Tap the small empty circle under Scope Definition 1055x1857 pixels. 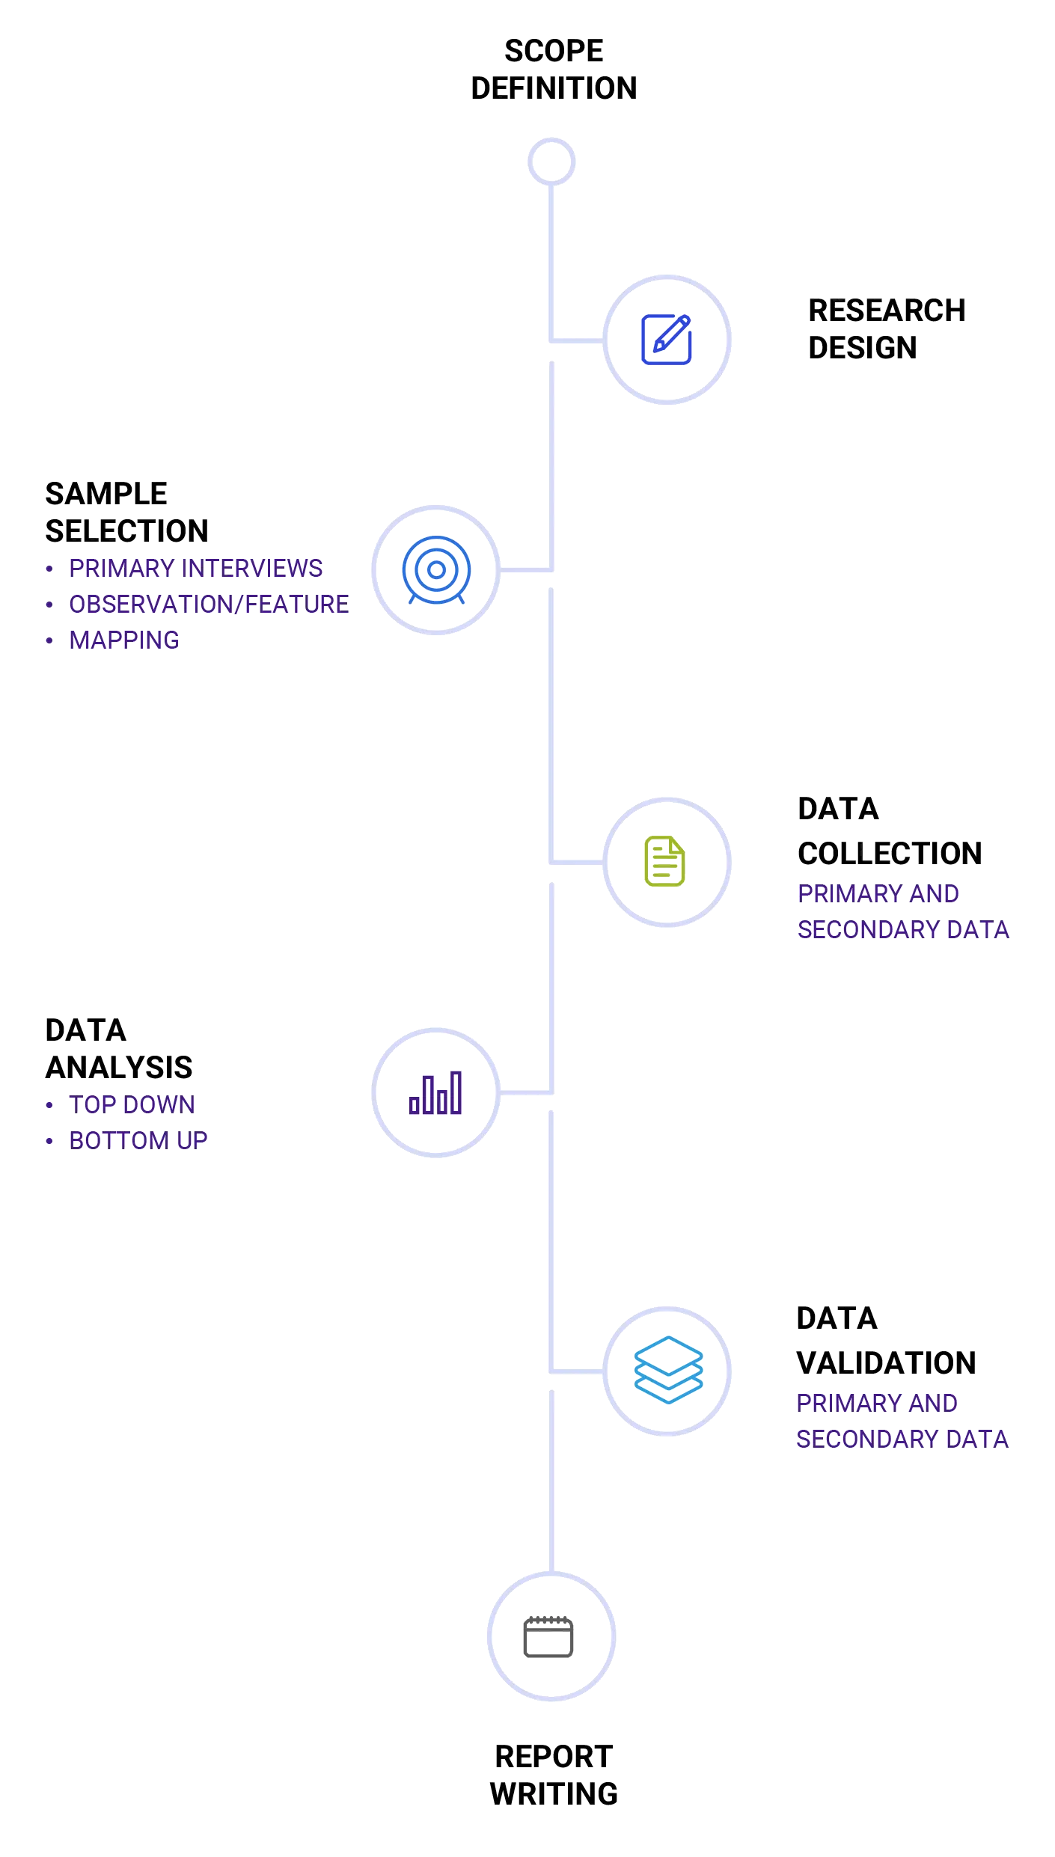[551, 162]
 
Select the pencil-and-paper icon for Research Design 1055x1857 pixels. [667, 339]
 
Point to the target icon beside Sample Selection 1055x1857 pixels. [436, 570]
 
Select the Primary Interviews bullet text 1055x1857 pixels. [195, 569]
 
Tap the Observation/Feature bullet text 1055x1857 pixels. [210, 605]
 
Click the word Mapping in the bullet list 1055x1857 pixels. [124, 640]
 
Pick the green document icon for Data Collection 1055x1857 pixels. [665, 861]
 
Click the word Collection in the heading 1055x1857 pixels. [888, 854]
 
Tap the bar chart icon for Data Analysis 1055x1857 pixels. [436, 1093]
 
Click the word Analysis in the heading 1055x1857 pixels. [119, 1068]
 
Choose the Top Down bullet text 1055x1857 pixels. [132, 1104]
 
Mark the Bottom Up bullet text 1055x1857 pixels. [138, 1140]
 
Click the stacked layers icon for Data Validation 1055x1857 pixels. [669, 1370]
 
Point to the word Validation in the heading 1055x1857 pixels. [886, 1362]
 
